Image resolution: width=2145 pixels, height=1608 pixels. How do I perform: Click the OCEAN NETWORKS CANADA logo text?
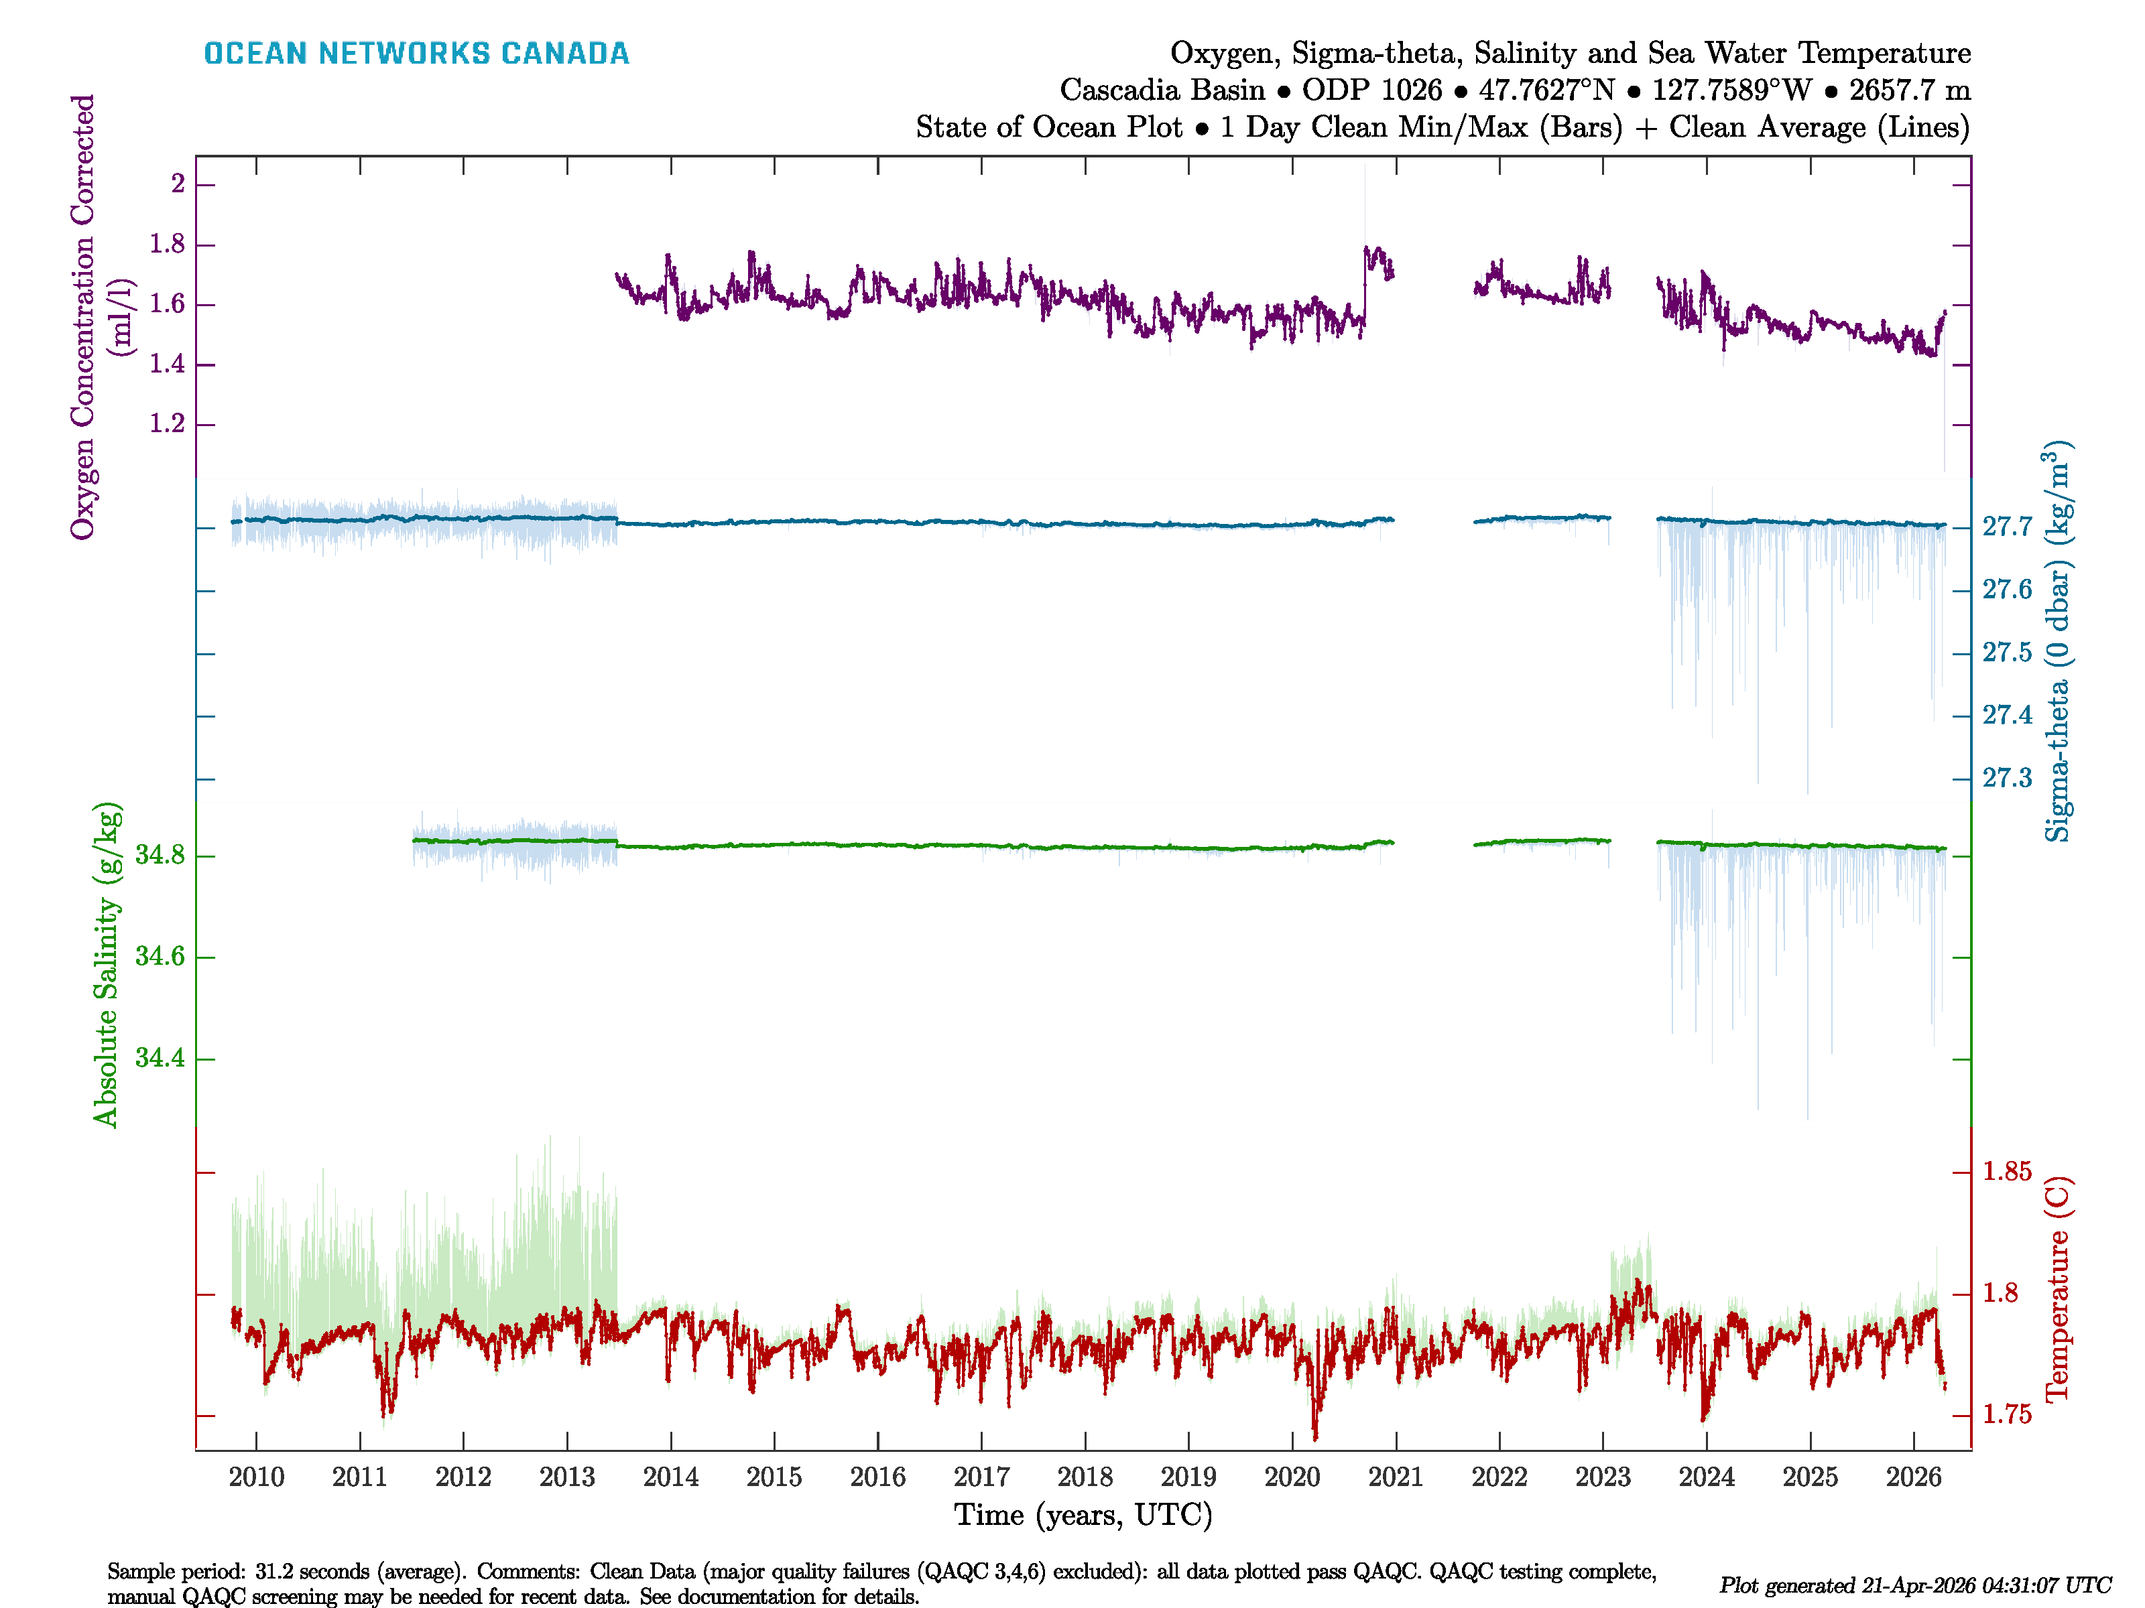pos(416,54)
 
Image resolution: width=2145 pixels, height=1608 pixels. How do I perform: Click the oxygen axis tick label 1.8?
pos(167,245)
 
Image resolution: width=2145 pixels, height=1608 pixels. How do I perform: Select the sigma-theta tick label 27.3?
pos(2006,779)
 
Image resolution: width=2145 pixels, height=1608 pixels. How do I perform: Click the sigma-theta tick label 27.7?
pos(2006,527)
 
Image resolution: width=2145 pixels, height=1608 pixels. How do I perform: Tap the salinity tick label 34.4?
pos(160,1057)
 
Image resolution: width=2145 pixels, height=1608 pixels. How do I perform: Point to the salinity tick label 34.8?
pos(160,855)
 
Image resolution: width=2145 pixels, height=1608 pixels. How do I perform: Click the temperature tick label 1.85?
pos(2006,1172)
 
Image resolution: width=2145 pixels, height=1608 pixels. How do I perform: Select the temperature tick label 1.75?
pos(2006,1414)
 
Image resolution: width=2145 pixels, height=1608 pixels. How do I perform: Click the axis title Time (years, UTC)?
pos(1083,1514)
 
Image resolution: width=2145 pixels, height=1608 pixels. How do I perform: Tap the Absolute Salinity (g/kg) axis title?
pos(107,964)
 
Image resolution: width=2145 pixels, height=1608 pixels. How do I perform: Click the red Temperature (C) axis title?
pos(2057,1289)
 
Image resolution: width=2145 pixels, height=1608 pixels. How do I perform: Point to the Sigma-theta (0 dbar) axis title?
pos(2057,641)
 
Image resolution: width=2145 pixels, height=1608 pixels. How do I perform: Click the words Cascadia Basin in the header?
pos(1162,90)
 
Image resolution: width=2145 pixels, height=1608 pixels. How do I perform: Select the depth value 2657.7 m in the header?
pos(1909,90)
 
